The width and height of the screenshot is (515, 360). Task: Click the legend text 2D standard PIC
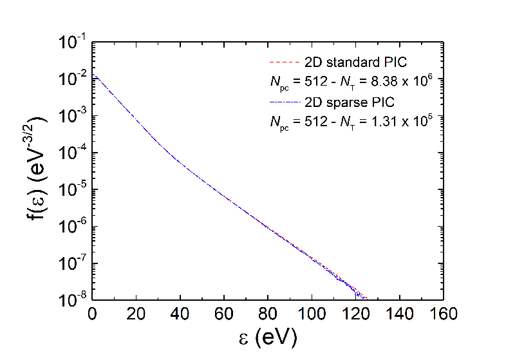tap(355, 62)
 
